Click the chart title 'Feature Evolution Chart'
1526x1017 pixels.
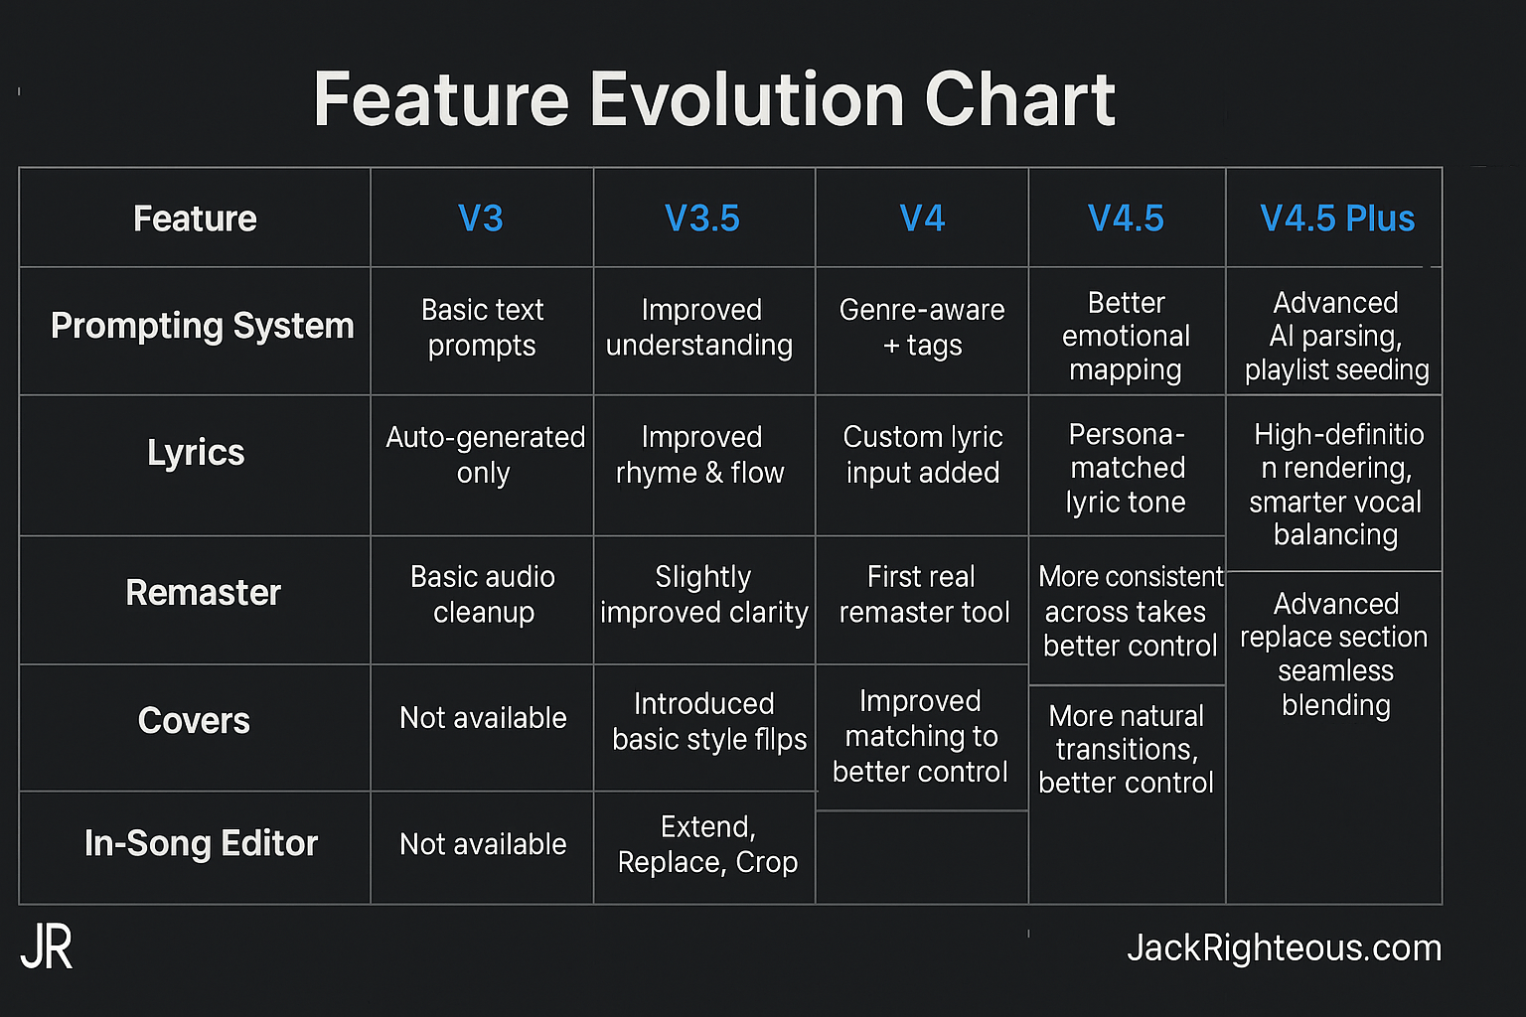pos(714,99)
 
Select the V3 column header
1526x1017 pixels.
pos(481,218)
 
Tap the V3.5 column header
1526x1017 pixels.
pos(702,218)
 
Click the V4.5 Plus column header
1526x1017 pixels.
pos(1337,218)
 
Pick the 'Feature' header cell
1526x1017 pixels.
pos(195,218)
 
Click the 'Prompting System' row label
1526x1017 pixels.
pos(202,326)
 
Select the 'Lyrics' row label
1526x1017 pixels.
pos(196,453)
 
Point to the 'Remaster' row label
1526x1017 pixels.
pos(203,593)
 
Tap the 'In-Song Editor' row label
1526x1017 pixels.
pos(201,843)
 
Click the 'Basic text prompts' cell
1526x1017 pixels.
pos(482,328)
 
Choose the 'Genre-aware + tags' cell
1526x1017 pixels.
pos(922,328)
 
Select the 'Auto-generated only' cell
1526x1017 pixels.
pos(485,455)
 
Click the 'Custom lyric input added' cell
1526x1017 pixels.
pos(923,455)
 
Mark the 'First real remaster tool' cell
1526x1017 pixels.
pos(924,594)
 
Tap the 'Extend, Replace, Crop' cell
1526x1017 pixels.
pos(707,844)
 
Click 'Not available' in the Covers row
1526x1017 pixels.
pos(483,718)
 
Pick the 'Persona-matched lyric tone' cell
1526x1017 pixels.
pos(1127,468)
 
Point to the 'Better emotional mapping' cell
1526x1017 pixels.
pos(1126,336)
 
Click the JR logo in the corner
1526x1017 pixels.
pos(47,948)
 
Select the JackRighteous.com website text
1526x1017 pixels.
pos(1284,948)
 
